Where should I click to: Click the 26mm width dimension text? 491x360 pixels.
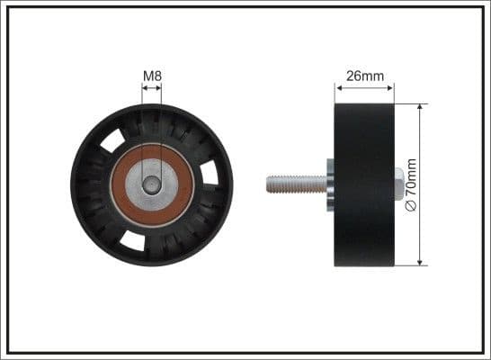coord(364,76)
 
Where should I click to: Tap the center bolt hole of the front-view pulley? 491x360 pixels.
coord(152,184)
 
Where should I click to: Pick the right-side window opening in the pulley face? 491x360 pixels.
coord(210,172)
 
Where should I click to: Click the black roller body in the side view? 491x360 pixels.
coord(364,184)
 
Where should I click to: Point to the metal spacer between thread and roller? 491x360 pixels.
coord(330,184)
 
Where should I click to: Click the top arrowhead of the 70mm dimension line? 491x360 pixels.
coord(420,107)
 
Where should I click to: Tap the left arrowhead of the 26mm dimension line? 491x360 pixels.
coord(338,88)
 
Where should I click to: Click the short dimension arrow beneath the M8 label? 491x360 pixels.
coord(152,89)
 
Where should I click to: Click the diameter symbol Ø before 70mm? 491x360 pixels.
coord(412,205)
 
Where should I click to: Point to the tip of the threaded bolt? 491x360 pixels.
coord(269,184)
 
